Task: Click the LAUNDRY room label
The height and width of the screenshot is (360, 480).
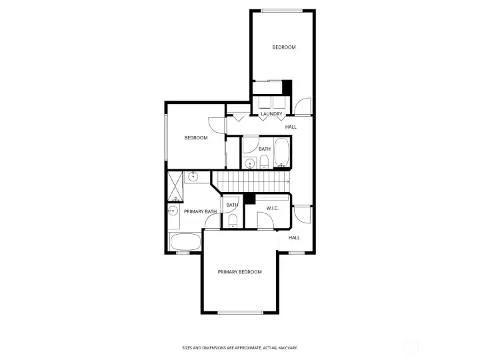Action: (x=271, y=114)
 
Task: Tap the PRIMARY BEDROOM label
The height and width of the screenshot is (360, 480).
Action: (x=240, y=272)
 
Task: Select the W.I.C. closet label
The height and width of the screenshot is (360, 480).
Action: (x=272, y=209)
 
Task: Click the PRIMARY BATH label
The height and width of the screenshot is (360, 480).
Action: (x=200, y=211)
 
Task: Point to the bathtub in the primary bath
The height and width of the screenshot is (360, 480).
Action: (x=185, y=242)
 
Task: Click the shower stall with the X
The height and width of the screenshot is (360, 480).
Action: (x=175, y=187)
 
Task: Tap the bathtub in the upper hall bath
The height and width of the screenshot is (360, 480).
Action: (x=281, y=153)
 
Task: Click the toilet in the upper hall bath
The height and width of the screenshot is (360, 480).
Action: (x=264, y=161)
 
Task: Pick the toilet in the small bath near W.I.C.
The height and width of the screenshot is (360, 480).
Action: (x=233, y=221)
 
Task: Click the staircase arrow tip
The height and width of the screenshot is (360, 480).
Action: (x=289, y=182)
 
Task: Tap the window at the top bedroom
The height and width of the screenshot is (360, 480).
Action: (x=281, y=11)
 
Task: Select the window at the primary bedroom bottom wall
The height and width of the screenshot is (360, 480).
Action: (x=240, y=313)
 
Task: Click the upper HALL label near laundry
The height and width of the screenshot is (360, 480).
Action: (x=291, y=127)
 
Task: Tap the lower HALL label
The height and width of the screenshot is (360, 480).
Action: (x=294, y=237)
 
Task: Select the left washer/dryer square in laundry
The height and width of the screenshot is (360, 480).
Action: (x=265, y=103)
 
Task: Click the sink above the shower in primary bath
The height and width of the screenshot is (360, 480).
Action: (x=193, y=176)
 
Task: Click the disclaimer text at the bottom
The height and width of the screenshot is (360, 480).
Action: (x=240, y=348)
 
